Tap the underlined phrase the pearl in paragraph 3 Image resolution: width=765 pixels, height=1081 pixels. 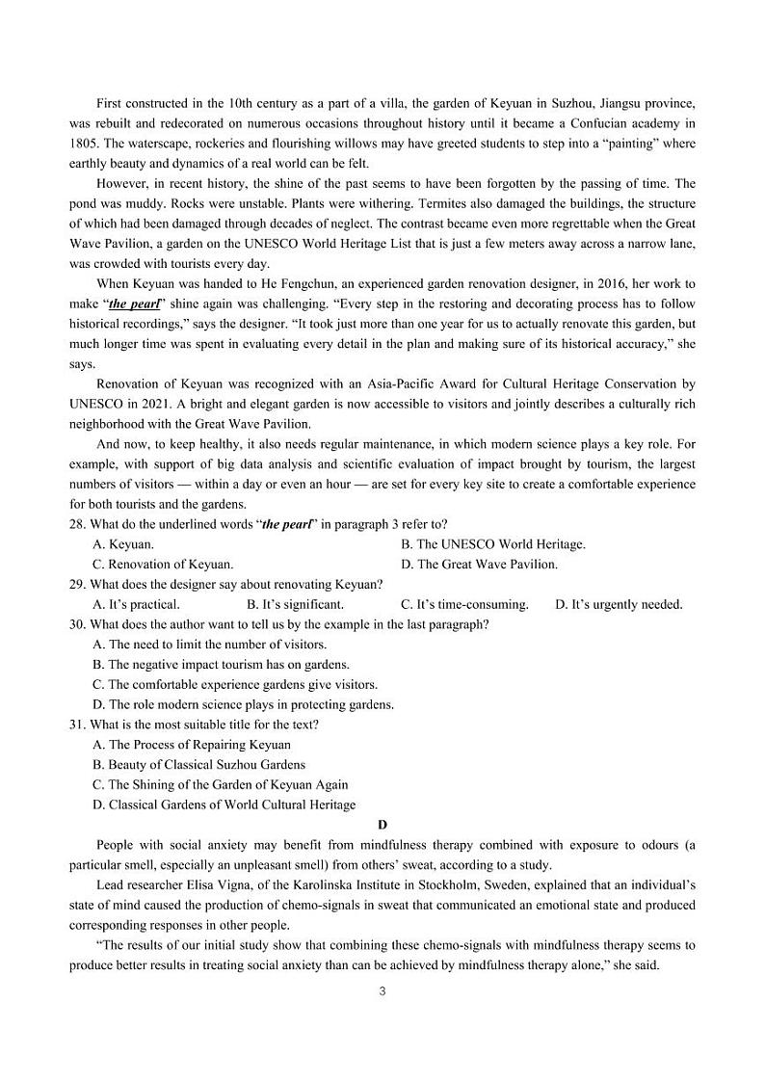(130, 303)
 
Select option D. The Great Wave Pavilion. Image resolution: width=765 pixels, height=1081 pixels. (479, 565)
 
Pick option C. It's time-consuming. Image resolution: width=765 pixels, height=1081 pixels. (464, 604)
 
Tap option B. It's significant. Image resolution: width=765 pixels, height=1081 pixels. (295, 604)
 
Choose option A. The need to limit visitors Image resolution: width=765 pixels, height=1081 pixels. (209, 645)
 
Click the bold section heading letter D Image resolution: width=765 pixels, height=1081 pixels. (382, 825)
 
